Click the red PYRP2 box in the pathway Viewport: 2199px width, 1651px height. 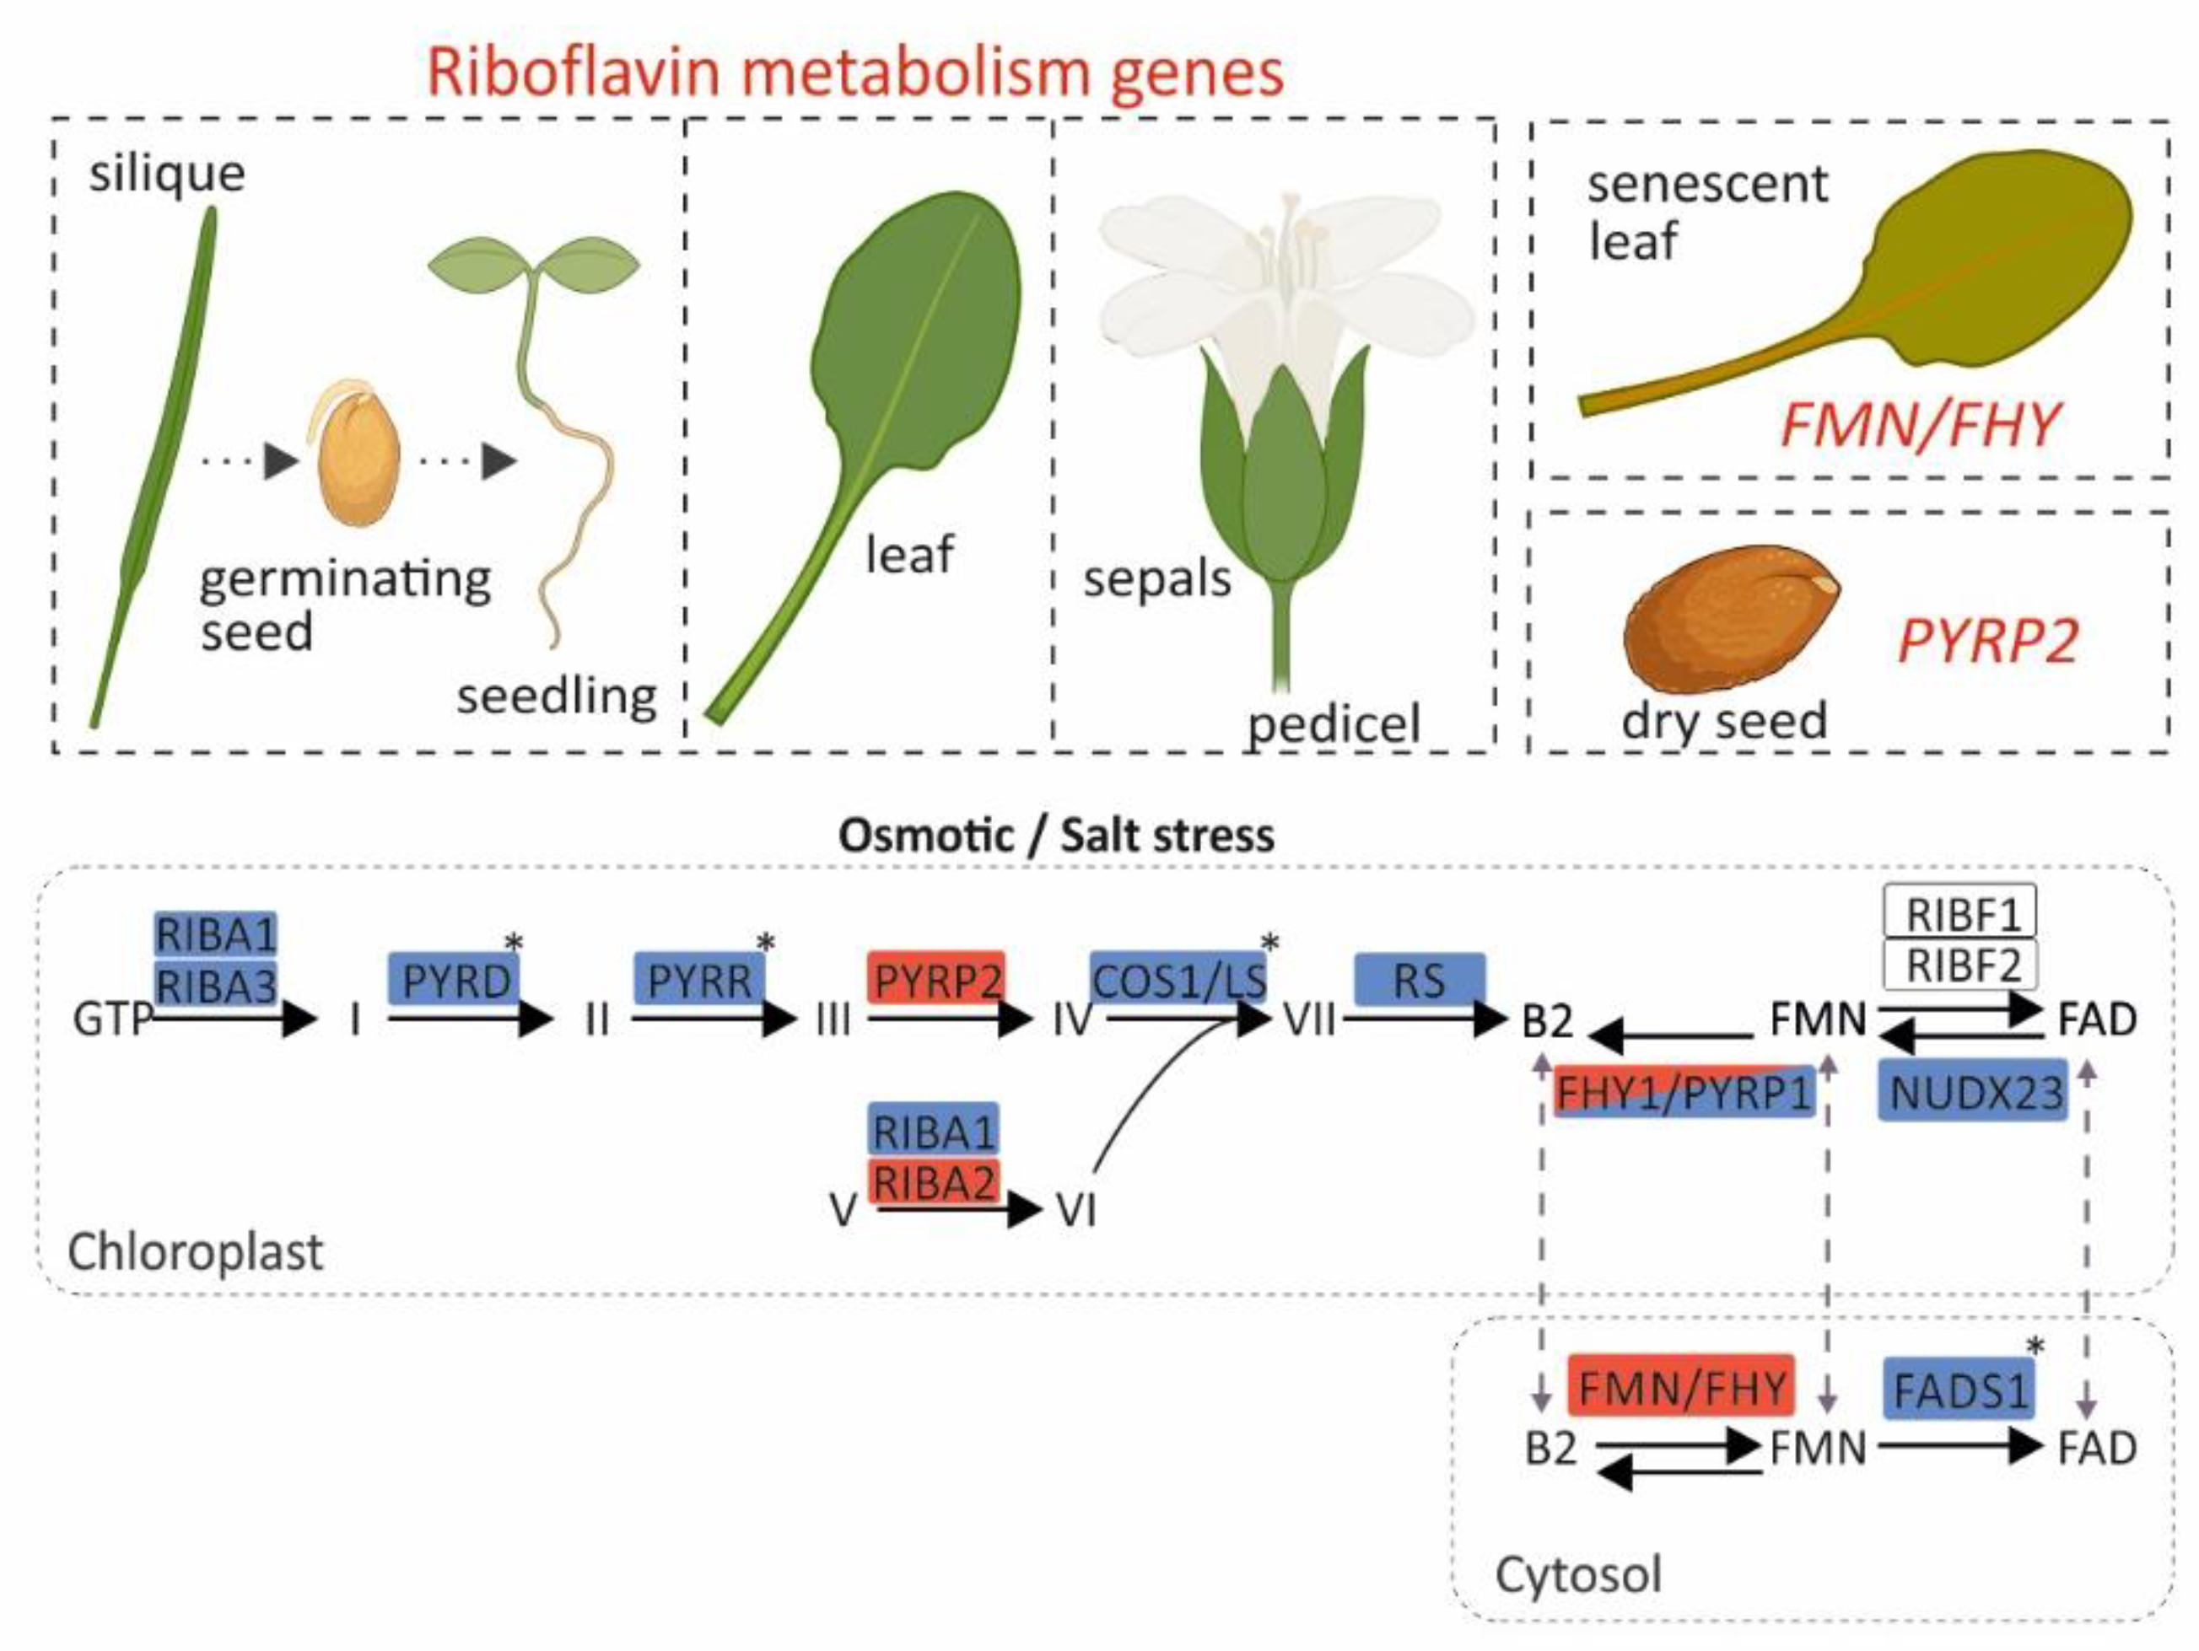[936, 979]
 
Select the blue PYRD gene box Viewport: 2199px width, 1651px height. [455, 979]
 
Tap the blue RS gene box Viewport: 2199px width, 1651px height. [1419, 979]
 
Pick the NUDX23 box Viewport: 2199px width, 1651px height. [1973, 1091]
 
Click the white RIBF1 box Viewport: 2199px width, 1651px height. [1960, 912]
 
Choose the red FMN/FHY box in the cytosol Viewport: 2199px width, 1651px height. [1681, 1385]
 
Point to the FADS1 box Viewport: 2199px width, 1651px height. [1959, 1389]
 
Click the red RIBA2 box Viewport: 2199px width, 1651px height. [934, 1183]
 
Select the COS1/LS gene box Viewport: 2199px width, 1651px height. [1178, 979]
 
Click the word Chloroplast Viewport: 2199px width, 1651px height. [195, 1251]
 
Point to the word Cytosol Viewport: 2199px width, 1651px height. [1577, 1574]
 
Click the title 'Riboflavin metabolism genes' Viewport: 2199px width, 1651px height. [855, 72]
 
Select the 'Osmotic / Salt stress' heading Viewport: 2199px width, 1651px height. [1056, 835]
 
